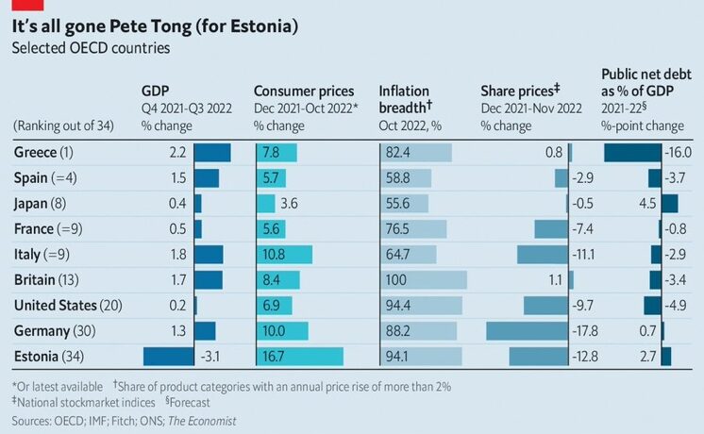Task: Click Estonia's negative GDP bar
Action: [x=168, y=356]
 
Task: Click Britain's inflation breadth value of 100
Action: [x=397, y=279]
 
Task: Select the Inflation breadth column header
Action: [x=406, y=98]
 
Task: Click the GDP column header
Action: [x=155, y=91]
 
